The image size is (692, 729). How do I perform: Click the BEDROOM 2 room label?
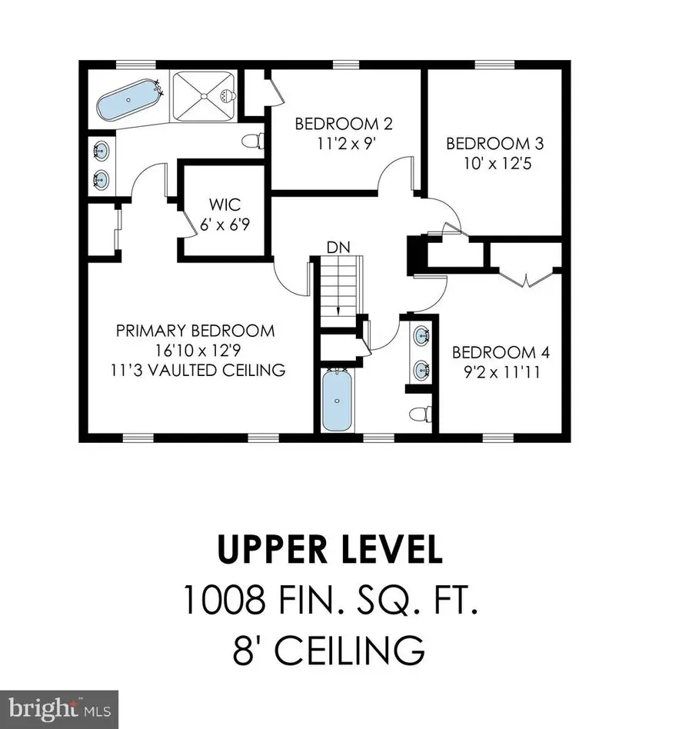[x=337, y=124]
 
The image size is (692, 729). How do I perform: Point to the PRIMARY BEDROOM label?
[x=195, y=331]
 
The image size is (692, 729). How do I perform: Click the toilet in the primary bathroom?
[x=252, y=141]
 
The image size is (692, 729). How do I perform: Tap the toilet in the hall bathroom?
[x=419, y=414]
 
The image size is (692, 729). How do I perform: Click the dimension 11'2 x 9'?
[x=337, y=143]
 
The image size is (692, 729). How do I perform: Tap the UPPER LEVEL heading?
[x=330, y=551]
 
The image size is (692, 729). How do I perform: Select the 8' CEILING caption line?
[x=329, y=649]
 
